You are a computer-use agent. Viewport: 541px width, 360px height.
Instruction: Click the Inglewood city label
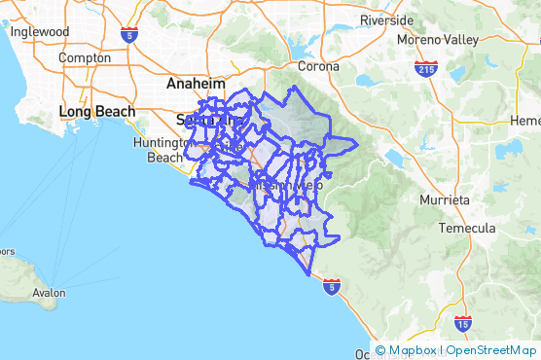click(x=40, y=31)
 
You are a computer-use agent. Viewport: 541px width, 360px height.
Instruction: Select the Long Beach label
click(x=89, y=111)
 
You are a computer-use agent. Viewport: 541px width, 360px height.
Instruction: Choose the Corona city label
click(x=318, y=66)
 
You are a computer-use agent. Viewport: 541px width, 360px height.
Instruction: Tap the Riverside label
click(x=386, y=19)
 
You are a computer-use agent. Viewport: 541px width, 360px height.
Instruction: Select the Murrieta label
click(x=444, y=198)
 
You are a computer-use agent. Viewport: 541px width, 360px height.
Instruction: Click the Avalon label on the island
click(x=48, y=292)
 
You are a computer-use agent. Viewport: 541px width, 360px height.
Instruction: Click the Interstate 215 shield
click(x=425, y=69)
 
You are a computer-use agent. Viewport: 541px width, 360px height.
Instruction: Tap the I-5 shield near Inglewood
click(x=128, y=36)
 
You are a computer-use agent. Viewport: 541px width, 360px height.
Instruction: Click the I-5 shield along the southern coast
click(x=333, y=287)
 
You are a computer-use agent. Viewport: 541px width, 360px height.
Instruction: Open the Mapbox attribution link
click(x=412, y=350)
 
